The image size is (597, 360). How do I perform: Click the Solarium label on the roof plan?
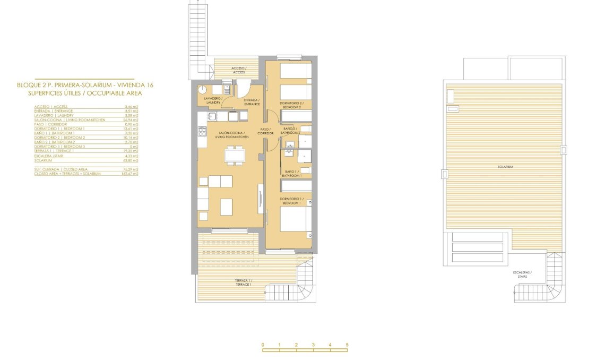pos(505,167)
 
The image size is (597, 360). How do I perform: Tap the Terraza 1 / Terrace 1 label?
pos(244,282)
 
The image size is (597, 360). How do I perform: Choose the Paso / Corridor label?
pos(265,131)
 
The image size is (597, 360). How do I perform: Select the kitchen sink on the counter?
pos(211,117)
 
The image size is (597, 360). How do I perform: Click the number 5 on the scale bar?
pos(347,345)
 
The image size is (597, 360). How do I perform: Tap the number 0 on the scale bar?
pos(263,345)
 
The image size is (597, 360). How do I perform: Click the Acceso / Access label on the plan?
pos(239,70)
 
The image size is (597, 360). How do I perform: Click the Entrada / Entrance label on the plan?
pos(251,102)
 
